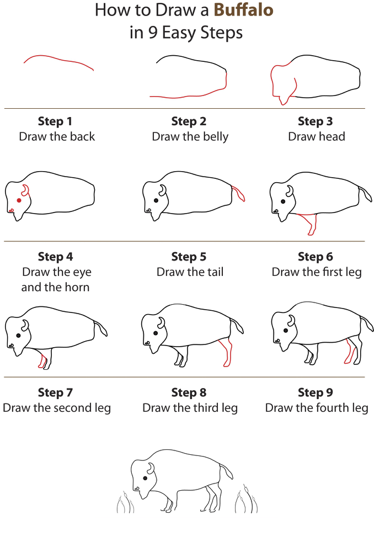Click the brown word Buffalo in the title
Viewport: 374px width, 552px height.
[244, 10]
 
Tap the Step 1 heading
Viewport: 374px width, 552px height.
[55, 121]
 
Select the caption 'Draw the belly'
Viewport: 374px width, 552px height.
[190, 136]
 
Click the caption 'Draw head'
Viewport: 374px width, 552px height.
[316, 136]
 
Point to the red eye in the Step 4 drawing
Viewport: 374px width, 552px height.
[19, 200]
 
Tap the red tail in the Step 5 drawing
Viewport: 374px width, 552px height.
[239, 194]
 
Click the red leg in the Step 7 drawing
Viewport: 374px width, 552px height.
[42, 360]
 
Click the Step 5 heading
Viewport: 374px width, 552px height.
[189, 257]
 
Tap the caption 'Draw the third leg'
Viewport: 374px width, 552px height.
[190, 408]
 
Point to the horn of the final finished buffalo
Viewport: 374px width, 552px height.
[151, 469]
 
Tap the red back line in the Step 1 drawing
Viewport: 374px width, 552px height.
[58, 59]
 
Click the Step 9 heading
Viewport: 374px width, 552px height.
[315, 392]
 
